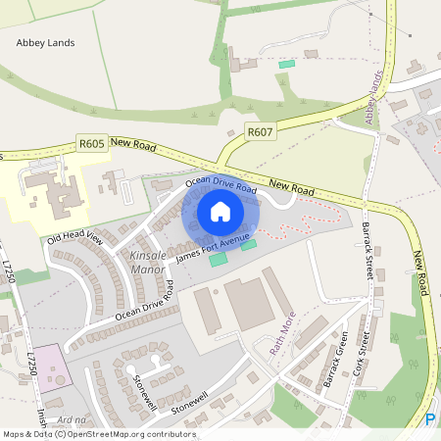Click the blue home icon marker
220,212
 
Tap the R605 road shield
91,143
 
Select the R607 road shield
259,131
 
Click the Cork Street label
360,356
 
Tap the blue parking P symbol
430,419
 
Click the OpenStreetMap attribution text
98,434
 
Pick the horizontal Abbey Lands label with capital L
45,43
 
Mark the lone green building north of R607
286,64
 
